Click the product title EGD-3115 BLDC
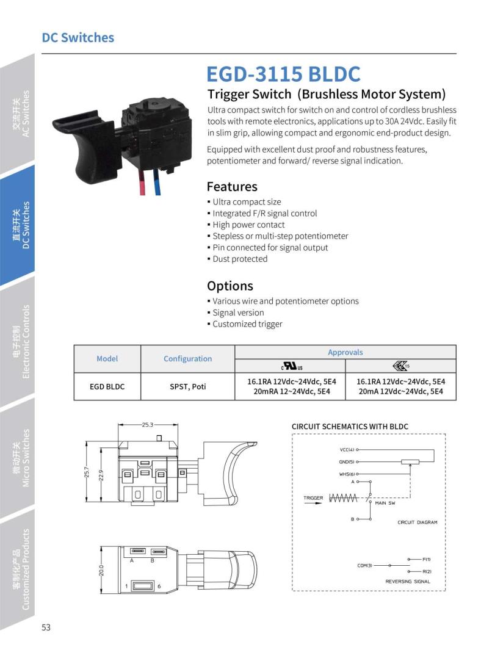284,74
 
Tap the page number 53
46,627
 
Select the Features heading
232,186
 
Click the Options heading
230,286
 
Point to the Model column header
107,359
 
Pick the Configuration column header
187,359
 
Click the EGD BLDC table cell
107,386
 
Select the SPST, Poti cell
187,386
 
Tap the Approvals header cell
345,352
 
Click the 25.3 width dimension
147,424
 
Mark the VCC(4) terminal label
347,450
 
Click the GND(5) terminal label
347,462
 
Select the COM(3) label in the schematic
364,565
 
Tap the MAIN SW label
385,503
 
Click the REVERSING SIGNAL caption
407,582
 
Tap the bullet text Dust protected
240,259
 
